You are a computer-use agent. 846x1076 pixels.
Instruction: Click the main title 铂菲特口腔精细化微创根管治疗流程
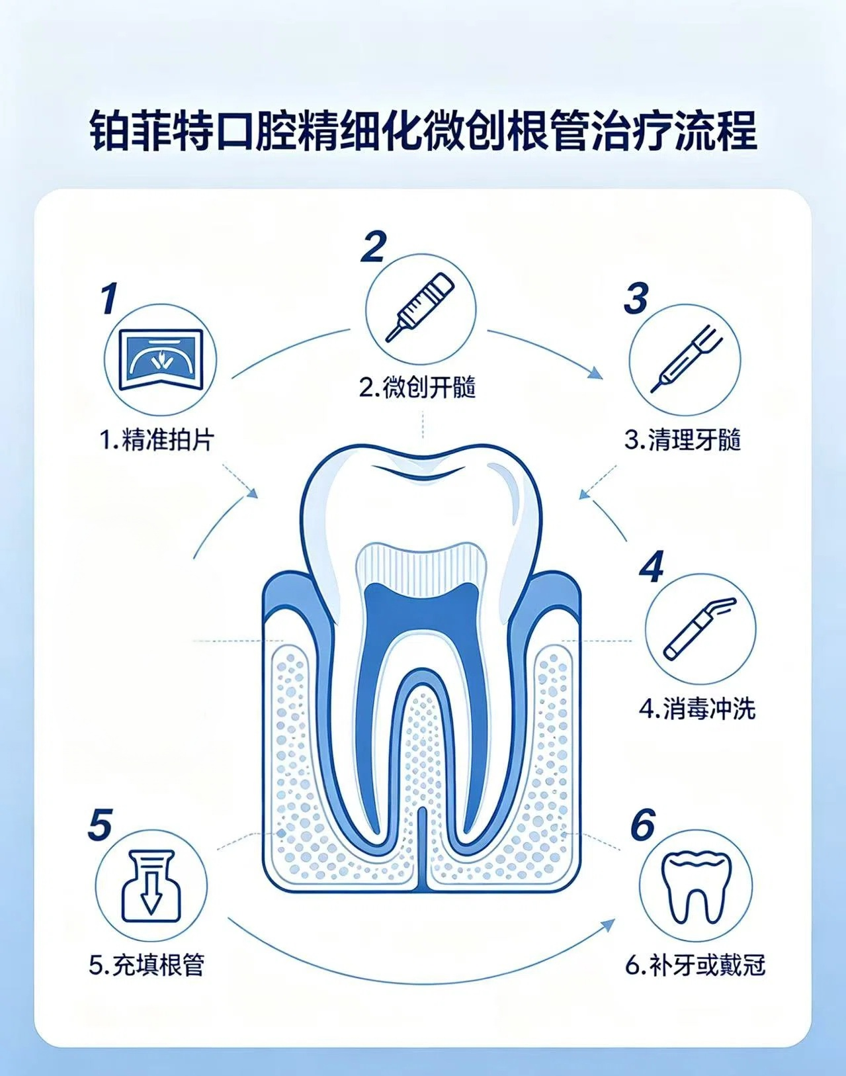[423, 132]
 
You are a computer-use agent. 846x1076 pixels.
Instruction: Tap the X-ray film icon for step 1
[161, 359]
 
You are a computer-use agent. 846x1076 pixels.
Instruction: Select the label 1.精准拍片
[158, 441]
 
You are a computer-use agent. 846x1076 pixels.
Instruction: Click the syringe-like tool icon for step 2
[420, 307]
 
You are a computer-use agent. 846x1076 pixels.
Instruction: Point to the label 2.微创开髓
[417, 388]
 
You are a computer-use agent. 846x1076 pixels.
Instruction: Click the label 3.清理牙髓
[683, 440]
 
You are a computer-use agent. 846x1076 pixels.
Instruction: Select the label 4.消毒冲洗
[698, 709]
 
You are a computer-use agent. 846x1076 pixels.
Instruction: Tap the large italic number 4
[652, 566]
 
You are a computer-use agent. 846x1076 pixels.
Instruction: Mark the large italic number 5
[100, 824]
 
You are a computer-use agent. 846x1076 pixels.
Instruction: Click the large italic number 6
[643, 824]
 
